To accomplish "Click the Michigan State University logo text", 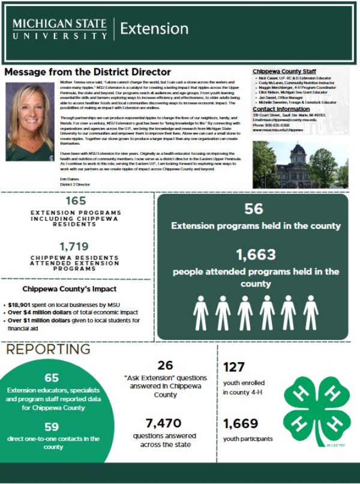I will click(x=59, y=29).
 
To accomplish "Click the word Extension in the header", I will click(x=154, y=29).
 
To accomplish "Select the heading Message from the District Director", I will click(x=87, y=72).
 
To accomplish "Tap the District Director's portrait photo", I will click(x=29, y=121).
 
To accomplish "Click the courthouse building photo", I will click(x=300, y=165).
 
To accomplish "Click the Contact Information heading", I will click(x=281, y=109).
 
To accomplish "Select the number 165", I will click(x=76, y=201).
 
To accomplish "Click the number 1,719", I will click(x=75, y=246).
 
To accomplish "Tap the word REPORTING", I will click(x=49, y=349).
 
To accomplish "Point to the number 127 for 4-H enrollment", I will click(x=234, y=367).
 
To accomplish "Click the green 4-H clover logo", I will click(x=308, y=411).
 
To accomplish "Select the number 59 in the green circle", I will click(x=52, y=427).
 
